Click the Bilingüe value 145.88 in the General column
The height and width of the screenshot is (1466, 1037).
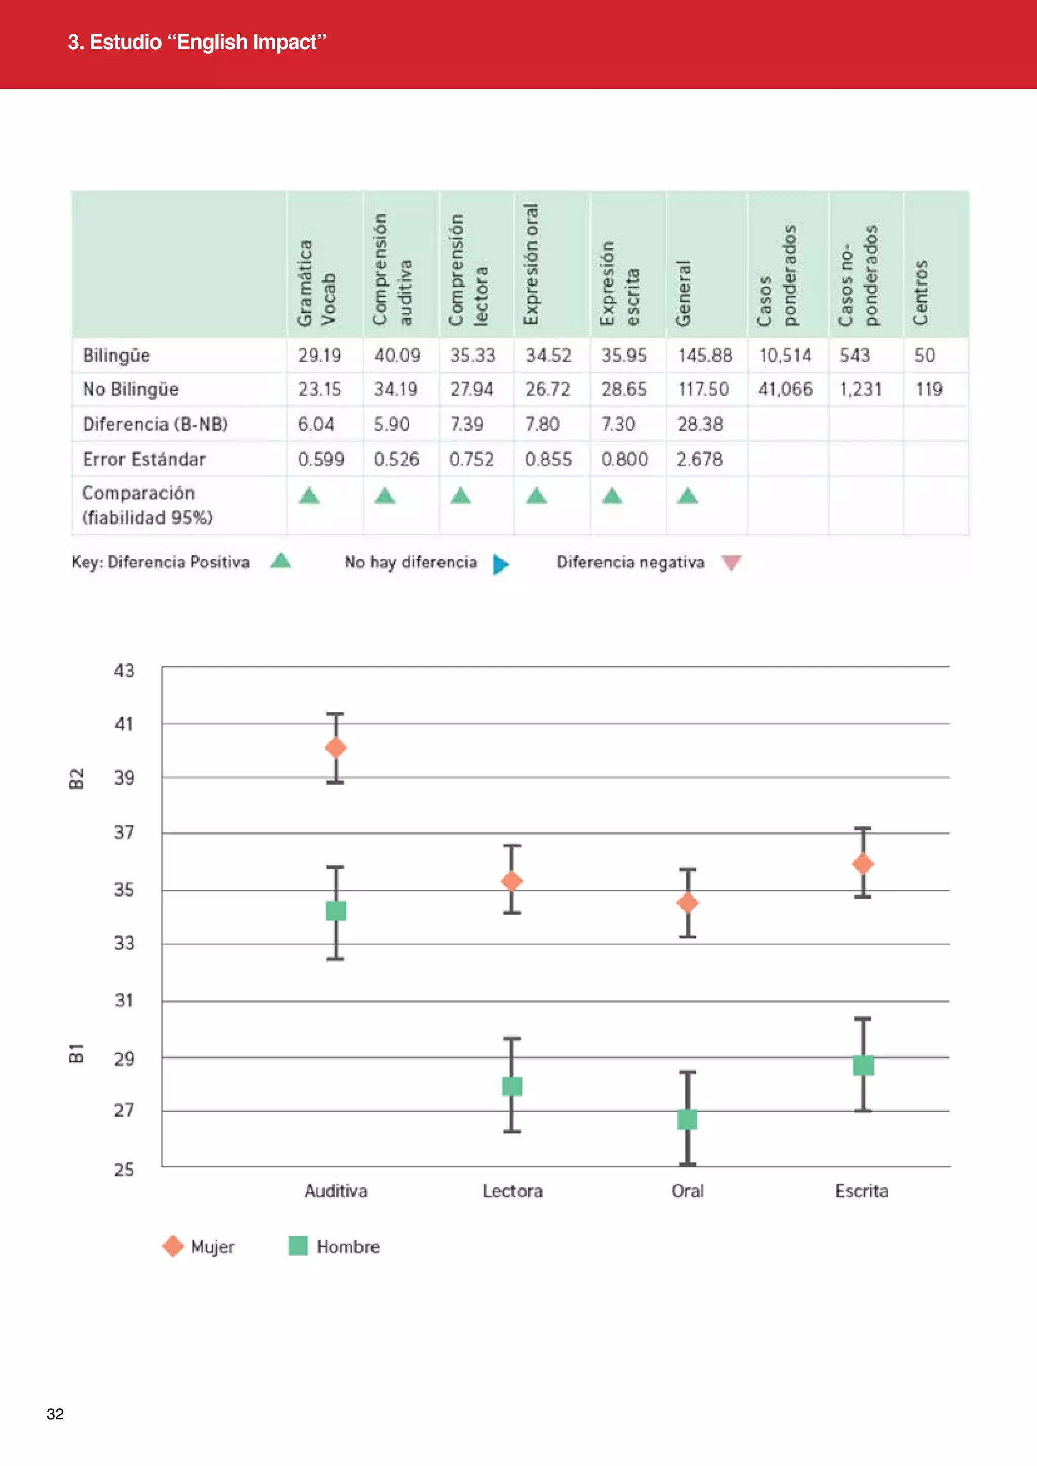[x=705, y=356]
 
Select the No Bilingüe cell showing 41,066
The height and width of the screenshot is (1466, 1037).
[x=785, y=389]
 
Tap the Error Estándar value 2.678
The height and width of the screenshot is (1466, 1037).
[x=699, y=459]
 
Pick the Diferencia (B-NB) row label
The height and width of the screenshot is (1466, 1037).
[x=155, y=425]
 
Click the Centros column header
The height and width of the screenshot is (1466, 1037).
[x=920, y=293]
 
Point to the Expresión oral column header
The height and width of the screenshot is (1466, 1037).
[x=531, y=264]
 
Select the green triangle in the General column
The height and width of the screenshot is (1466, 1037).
[x=688, y=496]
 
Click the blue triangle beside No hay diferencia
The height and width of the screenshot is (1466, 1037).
[x=501, y=564]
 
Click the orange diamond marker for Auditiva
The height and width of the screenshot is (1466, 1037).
[x=336, y=748]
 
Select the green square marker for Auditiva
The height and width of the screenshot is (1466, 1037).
[x=336, y=911]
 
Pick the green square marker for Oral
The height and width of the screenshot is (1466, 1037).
[x=687, y=1120]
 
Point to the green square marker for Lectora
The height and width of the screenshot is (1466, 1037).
[x=512, y=1086]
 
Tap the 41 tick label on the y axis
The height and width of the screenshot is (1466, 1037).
[x=124, y=724]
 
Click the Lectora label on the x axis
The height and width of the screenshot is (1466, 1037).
[x=512, y=1191]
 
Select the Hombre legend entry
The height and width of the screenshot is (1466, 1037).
[x=334, y=1246]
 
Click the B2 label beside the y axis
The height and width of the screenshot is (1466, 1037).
[x=76, y=779]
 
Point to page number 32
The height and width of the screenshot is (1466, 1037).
[x=55, y=1414]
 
